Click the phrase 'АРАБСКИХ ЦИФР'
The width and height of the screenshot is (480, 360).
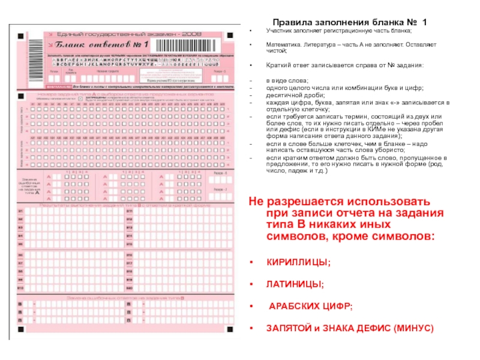[311, 307]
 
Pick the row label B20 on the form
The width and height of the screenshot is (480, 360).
[129, 287]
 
